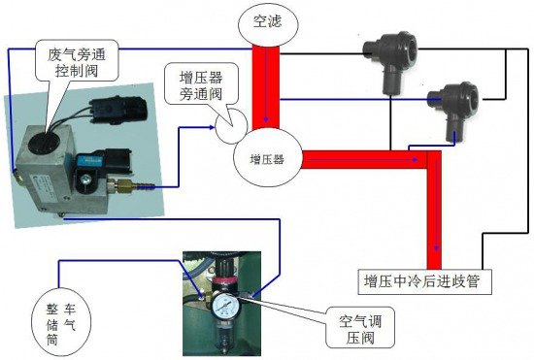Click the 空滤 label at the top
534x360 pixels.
[x=267, y=22]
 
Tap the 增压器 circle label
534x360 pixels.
[x=267, y=159]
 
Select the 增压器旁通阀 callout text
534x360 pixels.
[x=201, y=85]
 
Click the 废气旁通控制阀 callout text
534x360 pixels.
[x=78, y=62]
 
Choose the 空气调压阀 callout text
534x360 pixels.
[x=360, y=329]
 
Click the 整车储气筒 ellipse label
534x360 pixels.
[x=61, y=324]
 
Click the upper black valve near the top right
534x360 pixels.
[x=391, y=59]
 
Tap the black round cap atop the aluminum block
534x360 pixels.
[x=44, y=144]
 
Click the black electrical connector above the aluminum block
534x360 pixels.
[x=117, y=110]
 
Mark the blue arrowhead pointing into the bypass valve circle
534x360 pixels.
[x=212, y=127]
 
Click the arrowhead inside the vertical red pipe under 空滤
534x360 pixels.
[x=266, y=119]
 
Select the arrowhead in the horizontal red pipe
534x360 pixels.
[x=415, y=159]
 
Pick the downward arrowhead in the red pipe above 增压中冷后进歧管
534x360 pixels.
[x=436, y=247]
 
